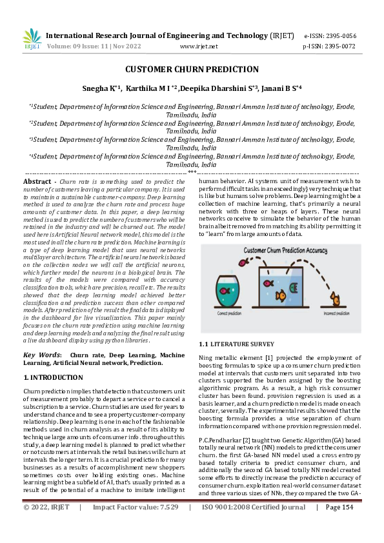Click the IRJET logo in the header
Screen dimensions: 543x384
pos(32,39)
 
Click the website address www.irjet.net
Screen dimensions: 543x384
pos(199,46)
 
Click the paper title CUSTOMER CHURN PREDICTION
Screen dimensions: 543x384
pos(192,70)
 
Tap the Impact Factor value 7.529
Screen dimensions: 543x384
pos(166,526)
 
